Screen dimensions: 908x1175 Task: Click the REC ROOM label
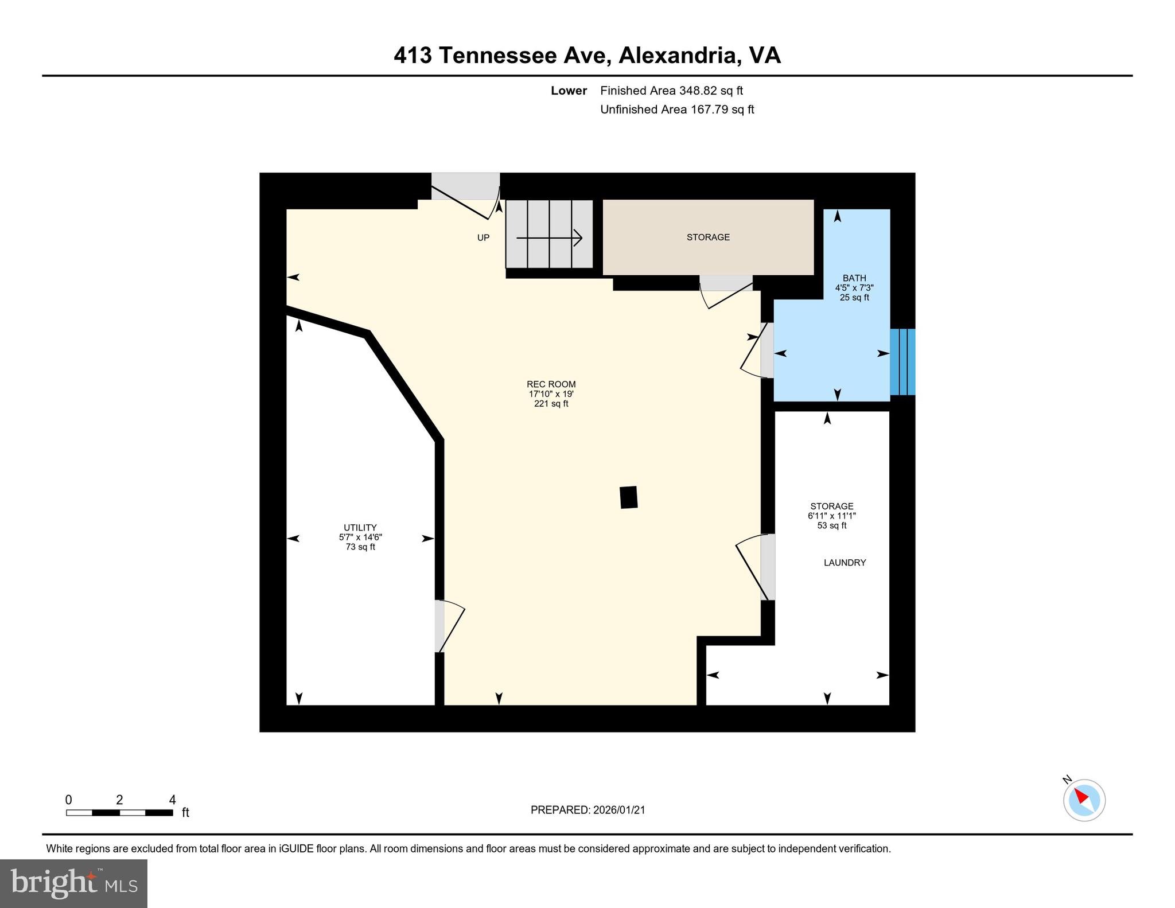(551, 384)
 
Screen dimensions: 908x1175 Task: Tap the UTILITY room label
(360, 528)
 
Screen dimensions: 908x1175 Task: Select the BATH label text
(854, 278)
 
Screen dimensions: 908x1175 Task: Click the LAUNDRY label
(845, 563)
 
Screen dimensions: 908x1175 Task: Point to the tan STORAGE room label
(708, 237)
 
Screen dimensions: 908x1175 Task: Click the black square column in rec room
(629, 497)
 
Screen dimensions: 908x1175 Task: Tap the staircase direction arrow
(549, 237)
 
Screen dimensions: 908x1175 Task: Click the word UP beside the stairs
(483, 237)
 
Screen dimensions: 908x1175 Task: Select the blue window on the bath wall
(902, 362)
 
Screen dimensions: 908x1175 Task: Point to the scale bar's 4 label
(172, 800)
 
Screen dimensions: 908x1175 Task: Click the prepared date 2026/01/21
(619, 810)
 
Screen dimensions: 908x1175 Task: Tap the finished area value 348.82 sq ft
(711, 91)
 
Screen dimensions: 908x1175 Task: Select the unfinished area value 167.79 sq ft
(722, 110)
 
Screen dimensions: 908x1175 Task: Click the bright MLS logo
(73, 883)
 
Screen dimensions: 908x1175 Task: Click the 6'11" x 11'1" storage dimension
(831, 516)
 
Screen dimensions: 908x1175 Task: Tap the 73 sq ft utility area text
(360, 547)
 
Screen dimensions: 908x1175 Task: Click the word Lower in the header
(569, 91)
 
